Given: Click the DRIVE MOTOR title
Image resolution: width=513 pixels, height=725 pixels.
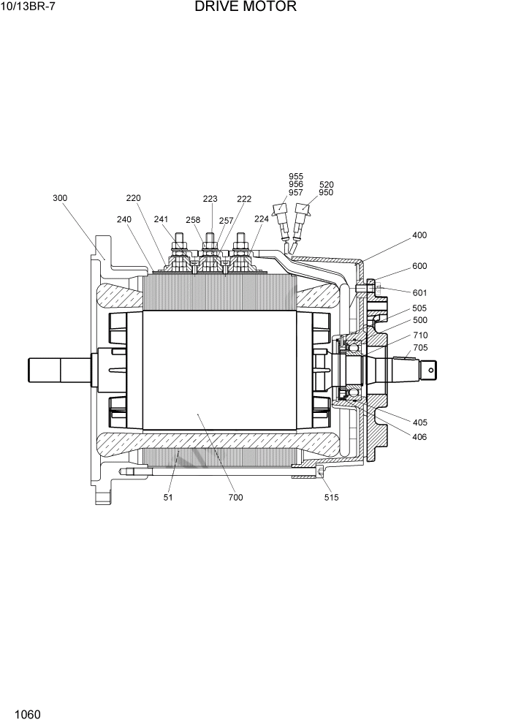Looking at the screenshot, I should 246,7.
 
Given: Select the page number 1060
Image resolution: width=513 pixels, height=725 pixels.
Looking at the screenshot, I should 26,713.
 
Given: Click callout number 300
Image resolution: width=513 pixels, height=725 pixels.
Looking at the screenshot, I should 60,198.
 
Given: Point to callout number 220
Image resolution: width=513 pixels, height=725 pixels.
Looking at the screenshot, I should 133,198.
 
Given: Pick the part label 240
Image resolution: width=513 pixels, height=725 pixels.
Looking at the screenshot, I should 124,219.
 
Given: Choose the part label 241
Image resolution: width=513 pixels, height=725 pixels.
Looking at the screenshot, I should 161,219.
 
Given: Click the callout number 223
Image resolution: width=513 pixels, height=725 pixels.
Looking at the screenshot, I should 210,199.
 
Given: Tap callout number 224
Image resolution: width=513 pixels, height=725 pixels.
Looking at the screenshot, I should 261,219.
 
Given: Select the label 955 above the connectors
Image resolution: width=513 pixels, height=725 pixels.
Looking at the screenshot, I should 296,177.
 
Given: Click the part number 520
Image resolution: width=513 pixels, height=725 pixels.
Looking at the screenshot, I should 327,185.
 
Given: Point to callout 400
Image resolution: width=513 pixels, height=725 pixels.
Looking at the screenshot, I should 419,235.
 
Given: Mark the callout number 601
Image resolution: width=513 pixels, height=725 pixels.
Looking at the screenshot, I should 419,293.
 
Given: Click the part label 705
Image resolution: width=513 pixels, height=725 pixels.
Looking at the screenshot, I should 420,348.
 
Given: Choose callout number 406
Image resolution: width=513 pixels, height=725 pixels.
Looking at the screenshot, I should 419,437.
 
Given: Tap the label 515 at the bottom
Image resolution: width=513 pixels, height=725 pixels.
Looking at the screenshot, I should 331,498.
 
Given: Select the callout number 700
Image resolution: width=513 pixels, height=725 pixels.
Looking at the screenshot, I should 235,498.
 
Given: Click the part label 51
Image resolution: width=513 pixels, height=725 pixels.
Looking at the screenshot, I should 169,498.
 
